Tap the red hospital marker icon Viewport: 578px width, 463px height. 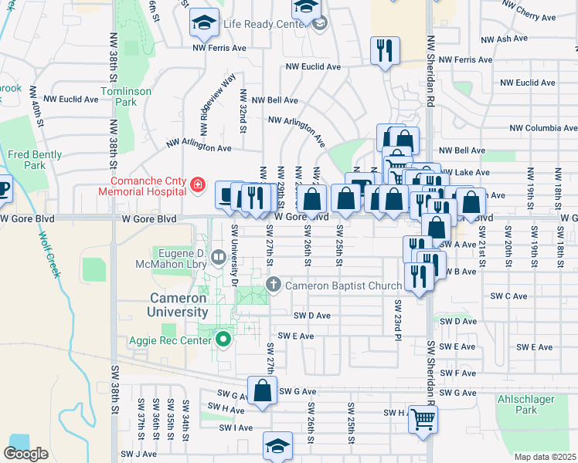[x=199, y=184]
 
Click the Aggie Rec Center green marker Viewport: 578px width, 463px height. [x=224, y=339]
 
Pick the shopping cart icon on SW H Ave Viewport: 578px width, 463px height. [x=423, y=420]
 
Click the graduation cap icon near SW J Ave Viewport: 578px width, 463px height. [x=278, y=446]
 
